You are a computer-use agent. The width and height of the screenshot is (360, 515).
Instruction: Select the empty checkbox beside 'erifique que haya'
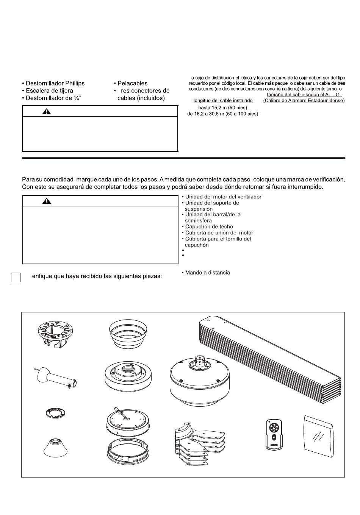(x=16, y=278)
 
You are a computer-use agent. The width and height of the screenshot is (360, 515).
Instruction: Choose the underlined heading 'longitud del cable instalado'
(x=223, y=101)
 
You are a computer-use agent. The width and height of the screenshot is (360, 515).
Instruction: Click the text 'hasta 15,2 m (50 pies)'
(x=222, y=107)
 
